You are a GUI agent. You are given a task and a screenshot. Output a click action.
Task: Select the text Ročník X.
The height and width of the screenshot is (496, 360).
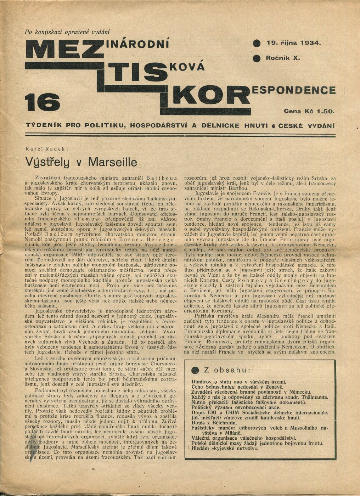[x=283, y=58]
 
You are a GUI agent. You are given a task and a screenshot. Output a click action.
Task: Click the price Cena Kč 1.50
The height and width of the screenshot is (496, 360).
[x=309, y=111]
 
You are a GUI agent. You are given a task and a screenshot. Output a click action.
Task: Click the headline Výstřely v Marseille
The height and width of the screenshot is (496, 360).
[x=81, y=162]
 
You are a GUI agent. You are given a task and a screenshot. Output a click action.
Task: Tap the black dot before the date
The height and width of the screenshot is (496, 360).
[x=257, y=44]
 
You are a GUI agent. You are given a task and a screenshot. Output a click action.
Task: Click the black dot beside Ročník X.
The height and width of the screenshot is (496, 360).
[x=257, y=58]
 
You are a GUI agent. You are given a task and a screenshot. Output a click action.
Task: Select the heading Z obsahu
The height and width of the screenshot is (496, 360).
[x=226, y=370]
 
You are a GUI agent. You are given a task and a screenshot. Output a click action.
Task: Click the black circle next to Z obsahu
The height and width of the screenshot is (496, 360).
[x=195, y=370]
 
